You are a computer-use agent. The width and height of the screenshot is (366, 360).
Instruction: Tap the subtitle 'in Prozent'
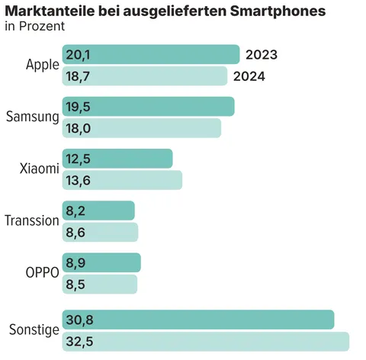(x=34, y=27)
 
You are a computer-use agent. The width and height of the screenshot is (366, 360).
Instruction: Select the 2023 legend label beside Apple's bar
(x=261, y=55)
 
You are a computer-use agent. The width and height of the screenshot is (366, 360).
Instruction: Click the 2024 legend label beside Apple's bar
(x=249, y=76)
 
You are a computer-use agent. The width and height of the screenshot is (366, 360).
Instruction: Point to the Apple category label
(x=41, y=65)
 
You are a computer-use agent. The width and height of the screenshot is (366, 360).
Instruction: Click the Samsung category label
(x=32, y=117)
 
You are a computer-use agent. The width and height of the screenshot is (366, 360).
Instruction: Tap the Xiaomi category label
(x=39, y=169)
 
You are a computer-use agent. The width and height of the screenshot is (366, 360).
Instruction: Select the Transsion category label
(x=31, y=220)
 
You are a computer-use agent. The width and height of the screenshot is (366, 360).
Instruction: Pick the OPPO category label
(x=41, y=272)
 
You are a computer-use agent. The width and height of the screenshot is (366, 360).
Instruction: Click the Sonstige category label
(x=34, y=330)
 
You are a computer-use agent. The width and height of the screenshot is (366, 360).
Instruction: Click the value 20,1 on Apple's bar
(x=79, y=55)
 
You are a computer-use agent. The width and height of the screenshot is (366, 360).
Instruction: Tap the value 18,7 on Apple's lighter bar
(x=79, y=76)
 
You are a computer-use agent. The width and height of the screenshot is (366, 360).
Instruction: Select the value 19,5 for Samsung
(x=79, y=107)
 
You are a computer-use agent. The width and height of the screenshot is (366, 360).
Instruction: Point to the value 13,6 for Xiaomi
(x=79, y=180)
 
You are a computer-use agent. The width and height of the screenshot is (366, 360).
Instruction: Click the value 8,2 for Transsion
(x=75, y=211)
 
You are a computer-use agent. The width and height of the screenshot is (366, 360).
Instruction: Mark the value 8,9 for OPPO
(x=75, y=262)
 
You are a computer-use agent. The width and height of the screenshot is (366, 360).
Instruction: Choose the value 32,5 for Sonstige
(x=79, y=342)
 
